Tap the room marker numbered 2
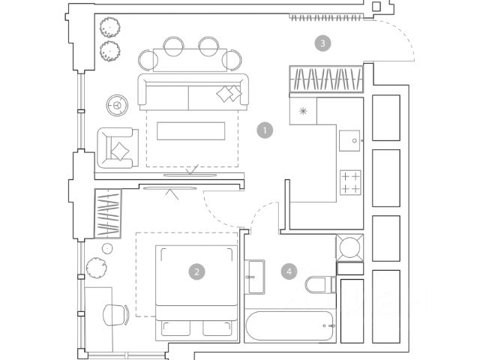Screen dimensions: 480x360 [x=196, y=272]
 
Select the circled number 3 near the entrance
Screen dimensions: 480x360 [x=322, y=43]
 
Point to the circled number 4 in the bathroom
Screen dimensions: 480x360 [x=289, y=271]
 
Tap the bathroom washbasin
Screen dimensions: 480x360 [x=255, y=276]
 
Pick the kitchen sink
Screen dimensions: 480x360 [x=349, y=139]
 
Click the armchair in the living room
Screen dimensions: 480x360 [x=117, y=148]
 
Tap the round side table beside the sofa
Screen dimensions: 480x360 [x=117, y=105]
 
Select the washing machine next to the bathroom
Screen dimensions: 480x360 [x=349, y=247]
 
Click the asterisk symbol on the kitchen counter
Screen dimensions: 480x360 [x=303, y=112]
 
